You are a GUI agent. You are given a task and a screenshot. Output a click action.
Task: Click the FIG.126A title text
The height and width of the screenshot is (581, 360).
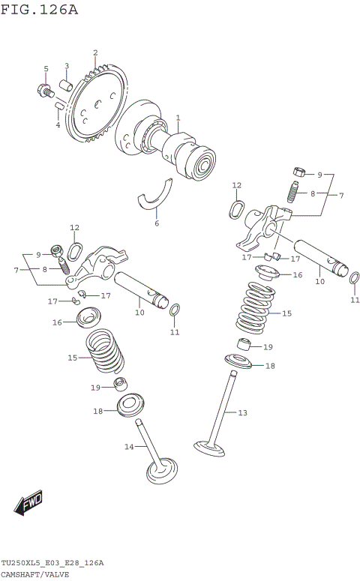[40, 10]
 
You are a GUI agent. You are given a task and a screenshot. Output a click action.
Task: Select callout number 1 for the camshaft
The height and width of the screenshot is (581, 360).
[178, 118]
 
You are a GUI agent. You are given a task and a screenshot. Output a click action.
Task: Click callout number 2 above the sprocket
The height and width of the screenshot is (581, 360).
[95, 52]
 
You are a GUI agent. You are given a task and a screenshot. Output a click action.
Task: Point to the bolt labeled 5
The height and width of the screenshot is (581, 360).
[43, 91]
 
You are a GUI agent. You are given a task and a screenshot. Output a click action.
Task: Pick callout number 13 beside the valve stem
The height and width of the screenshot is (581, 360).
[242, 412]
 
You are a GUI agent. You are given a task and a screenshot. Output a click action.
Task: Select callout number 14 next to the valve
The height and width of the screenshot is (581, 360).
[128, 447]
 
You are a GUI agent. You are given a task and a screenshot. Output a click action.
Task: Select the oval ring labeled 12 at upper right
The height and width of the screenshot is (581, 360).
[237, 208]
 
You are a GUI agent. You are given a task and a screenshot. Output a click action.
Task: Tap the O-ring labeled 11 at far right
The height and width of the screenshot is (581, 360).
[354, 279]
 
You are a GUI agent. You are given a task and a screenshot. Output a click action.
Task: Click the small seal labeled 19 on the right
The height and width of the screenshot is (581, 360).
[243, 346]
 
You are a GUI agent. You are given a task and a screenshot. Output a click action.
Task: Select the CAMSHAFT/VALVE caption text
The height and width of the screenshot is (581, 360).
[35, 574]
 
